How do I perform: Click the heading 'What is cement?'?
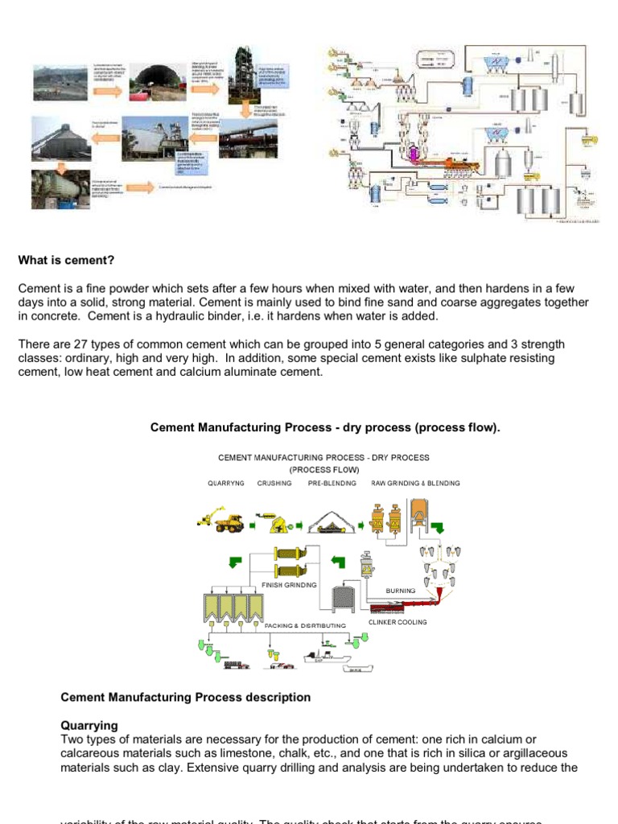pos(67,260)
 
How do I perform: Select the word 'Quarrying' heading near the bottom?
pos(89,725)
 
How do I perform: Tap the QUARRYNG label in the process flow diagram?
pos(225,484)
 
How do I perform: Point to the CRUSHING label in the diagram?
pos(274,484)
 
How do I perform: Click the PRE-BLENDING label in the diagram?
pos(332,484)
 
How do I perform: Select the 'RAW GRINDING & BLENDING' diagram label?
pos(415,484)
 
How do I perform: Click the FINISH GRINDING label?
pos(290,585)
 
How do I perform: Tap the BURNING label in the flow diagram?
pos(400,591)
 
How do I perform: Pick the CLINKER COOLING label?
pos(398,622)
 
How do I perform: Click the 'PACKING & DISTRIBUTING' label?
pos(306,625)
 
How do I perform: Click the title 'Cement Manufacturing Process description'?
pos(185,697)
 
